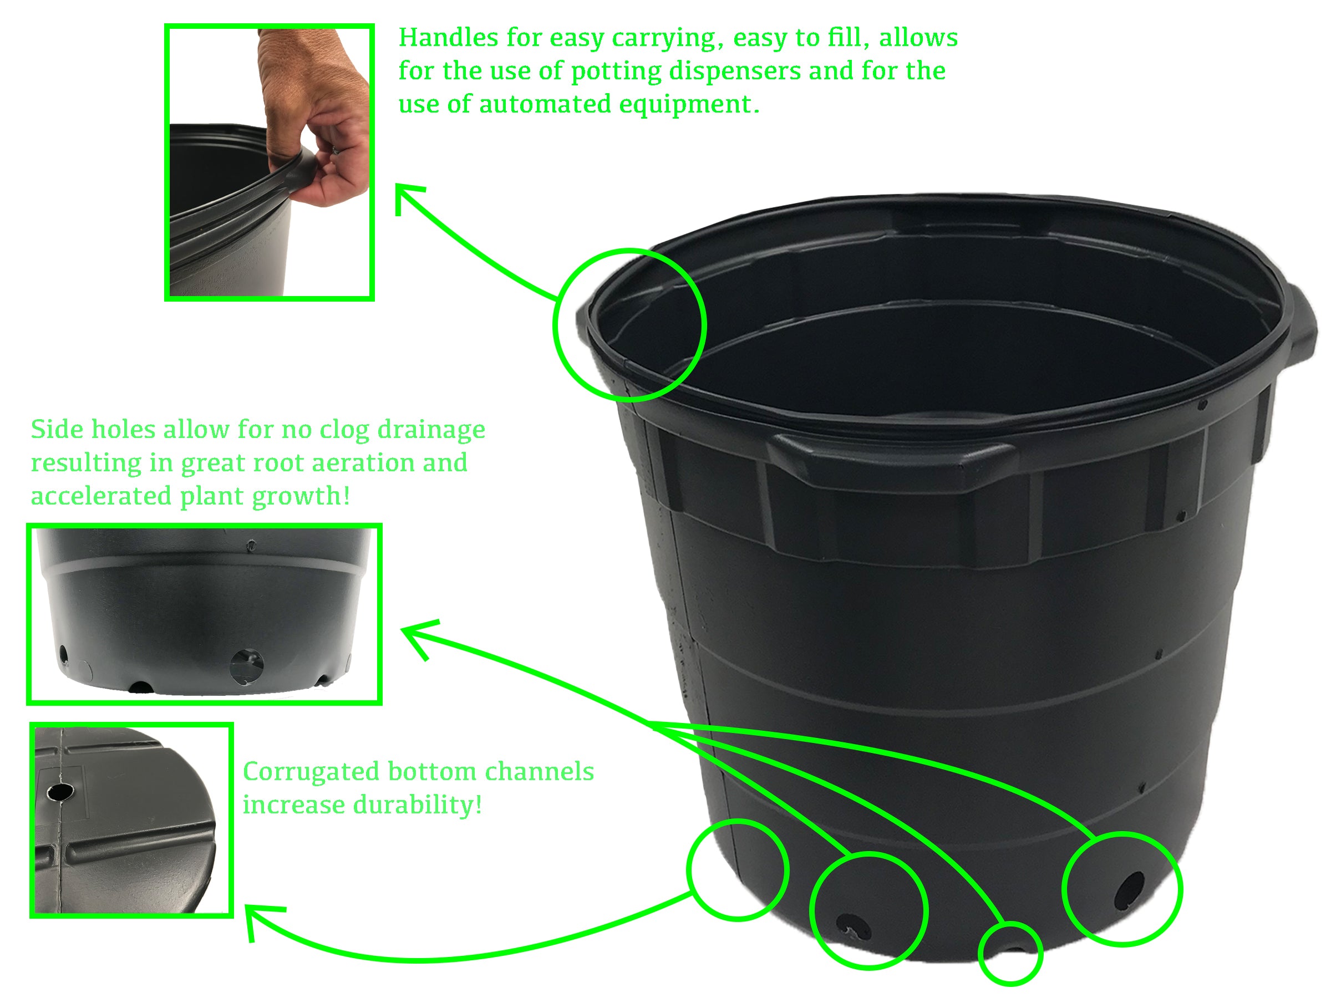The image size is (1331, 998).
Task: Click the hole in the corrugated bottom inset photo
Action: [x=60, y=792]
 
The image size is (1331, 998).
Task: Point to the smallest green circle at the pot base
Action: [x=1010, y=954]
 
